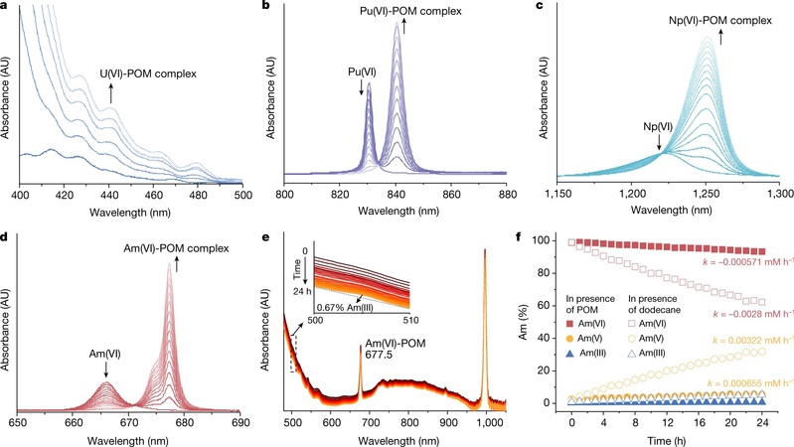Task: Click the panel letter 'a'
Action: point(7,8)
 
